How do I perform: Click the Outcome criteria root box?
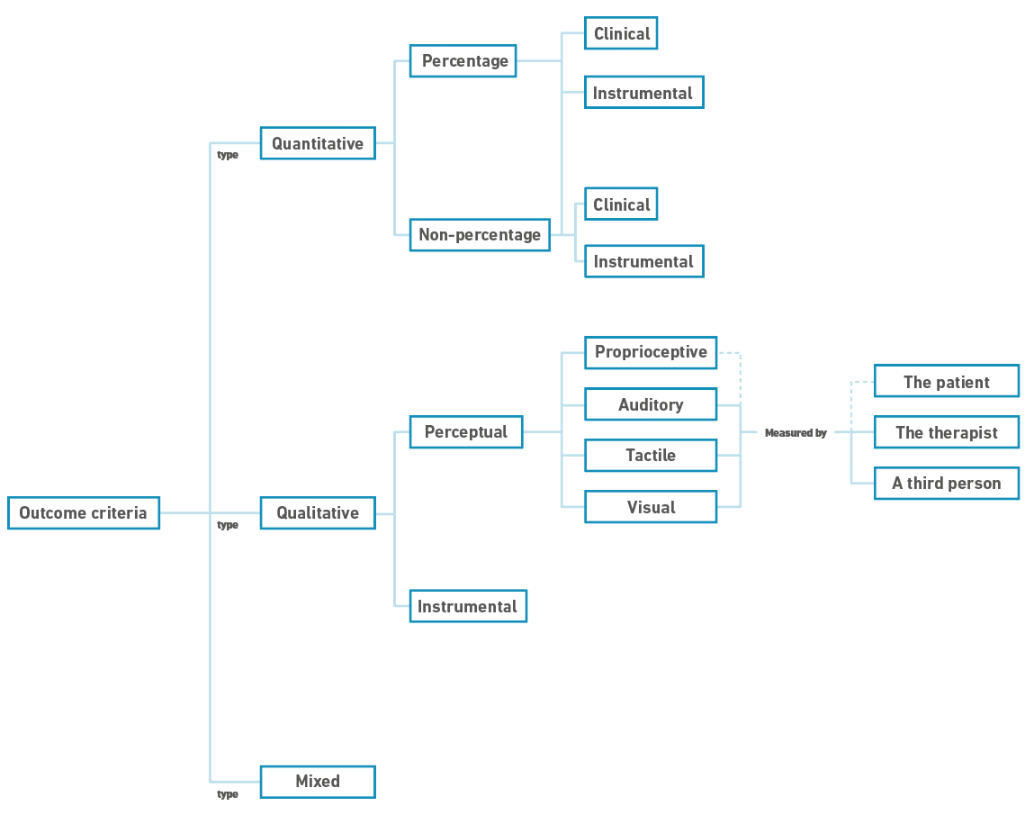pos(83,513)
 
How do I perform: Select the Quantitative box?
pos(318,143)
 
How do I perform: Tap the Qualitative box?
pos(318,513)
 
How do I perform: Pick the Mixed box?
pos(318,782)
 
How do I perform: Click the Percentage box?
pos(463,61)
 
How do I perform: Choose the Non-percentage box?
pos(480,235)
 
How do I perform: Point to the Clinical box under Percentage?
pos(621,33)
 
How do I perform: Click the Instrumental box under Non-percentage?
pos(643,261)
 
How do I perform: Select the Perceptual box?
pos(466,432)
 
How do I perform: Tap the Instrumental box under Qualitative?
pos(468,606)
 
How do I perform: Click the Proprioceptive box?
pos(651,352)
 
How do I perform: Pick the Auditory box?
pos(651,404)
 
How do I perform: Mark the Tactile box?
pos(651,456)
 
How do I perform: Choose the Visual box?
pos(651,507)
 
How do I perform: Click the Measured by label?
pos(796,433)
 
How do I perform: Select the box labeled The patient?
pos(946,381)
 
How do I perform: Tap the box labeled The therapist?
pos(946,432)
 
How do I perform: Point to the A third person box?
pos(946,484)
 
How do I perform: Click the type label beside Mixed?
pos(228,794)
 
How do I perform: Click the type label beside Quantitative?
pos(228,155)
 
